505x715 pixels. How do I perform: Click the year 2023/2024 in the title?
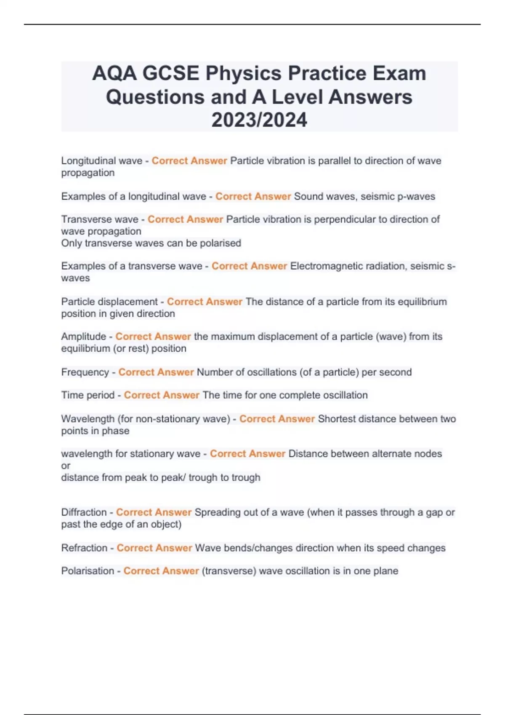[x=259, y=120]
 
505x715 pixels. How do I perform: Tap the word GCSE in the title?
[x=170, y=73]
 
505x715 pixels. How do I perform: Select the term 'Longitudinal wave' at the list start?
[x=102, y=161]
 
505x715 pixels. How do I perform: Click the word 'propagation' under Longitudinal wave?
[x=88, y=172]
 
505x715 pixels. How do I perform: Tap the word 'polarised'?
[x=220, y=243]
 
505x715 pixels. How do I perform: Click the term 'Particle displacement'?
[x=109, y=302]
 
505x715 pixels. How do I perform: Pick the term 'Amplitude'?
[x=83, y=336]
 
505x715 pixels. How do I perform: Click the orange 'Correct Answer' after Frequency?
[x=156, y=372]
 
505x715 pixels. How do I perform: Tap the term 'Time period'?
[x=88, y=395]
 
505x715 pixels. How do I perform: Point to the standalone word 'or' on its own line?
[x=66, y=466]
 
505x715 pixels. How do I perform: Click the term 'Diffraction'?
[x=84, y=512]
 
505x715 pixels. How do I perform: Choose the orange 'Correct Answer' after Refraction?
[x=154, y=548]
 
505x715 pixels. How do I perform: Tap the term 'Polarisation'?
[x=88, y=571]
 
